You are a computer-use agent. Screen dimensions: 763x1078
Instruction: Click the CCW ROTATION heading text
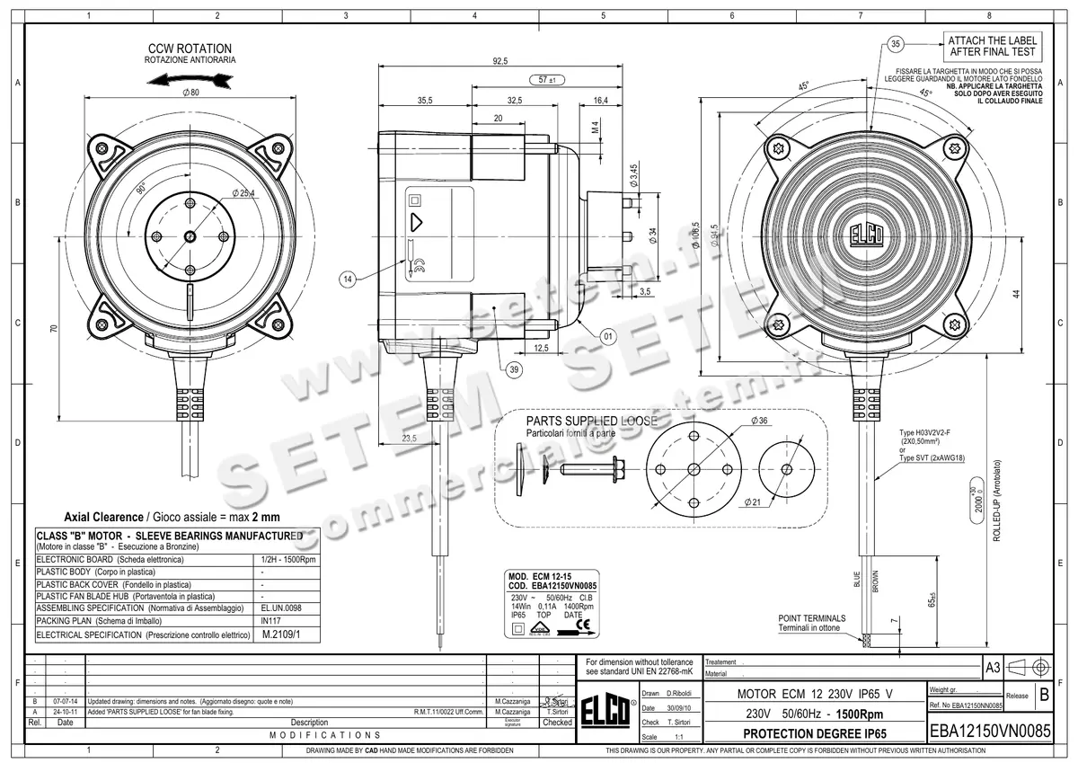click(190, 49)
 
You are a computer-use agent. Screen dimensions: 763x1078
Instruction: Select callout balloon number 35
click(895, 43)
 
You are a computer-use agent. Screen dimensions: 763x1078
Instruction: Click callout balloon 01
click(608, 336)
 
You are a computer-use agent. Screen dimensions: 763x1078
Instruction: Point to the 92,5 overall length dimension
click(500, 61)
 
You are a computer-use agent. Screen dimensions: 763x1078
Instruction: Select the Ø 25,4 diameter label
click(244, 192)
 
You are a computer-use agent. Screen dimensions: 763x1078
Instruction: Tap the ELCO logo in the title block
click(606, 710)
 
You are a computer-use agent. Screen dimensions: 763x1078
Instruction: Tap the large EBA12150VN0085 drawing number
click(989, 732)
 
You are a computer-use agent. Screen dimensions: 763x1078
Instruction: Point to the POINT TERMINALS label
click(811, 618)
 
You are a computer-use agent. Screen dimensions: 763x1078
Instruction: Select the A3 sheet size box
click(992, 668)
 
